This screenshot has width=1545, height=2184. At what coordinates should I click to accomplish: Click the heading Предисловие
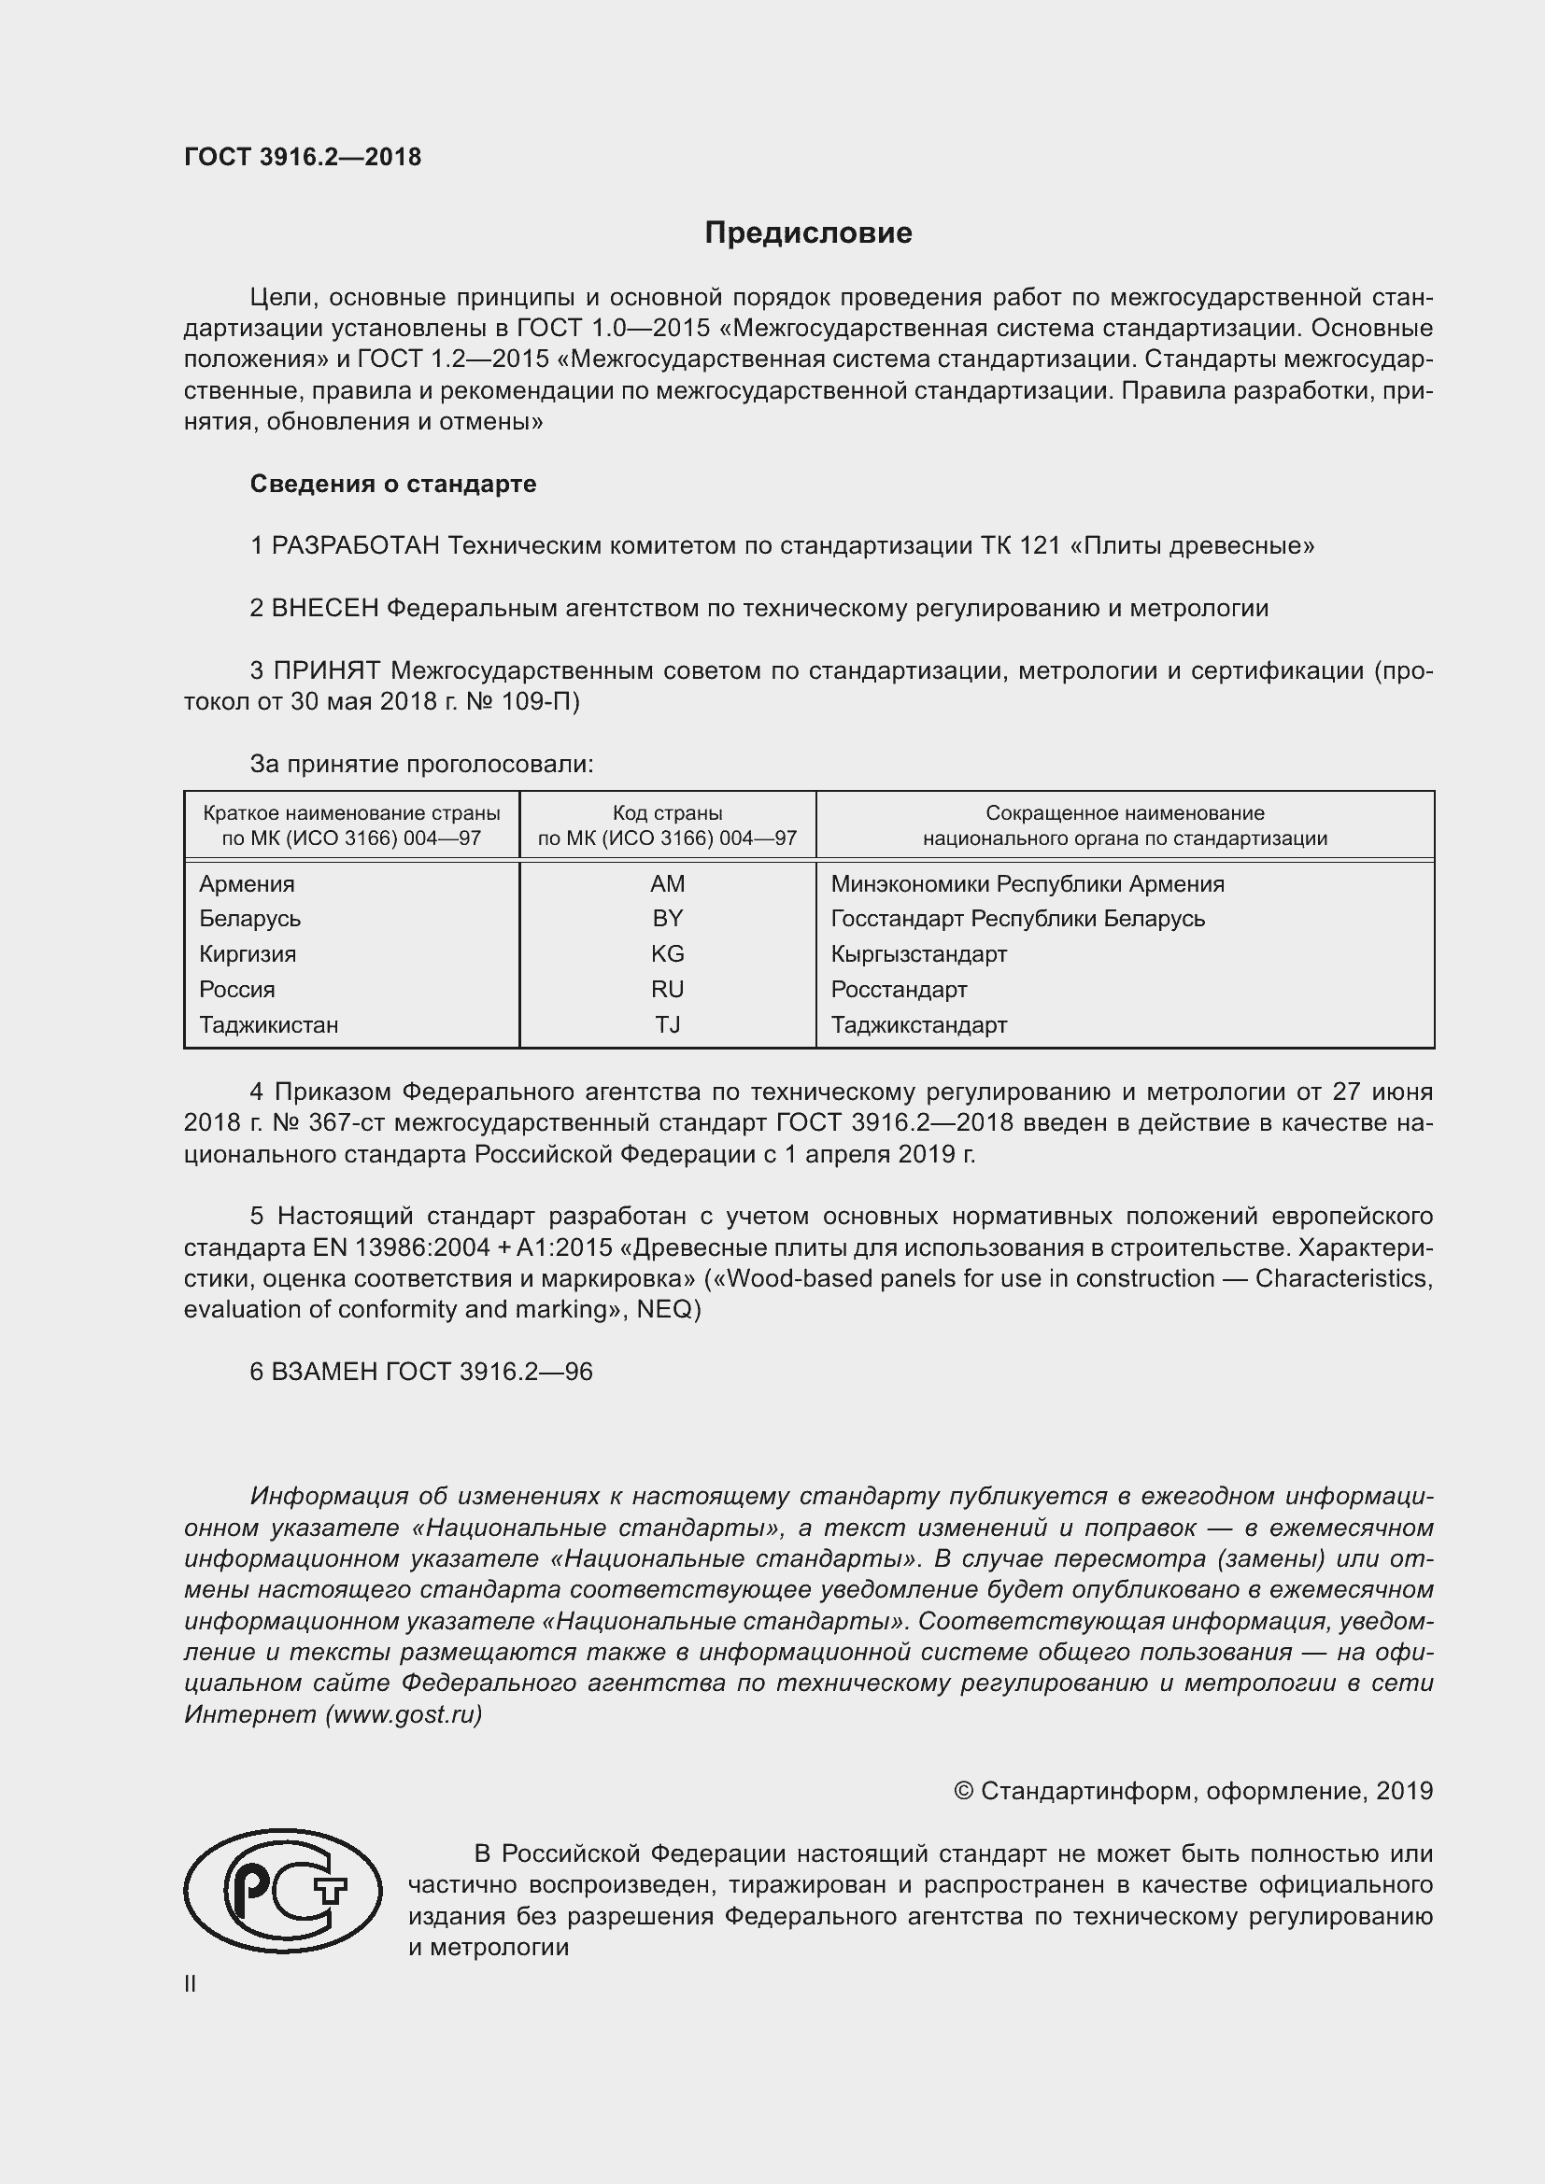[x=808, y=233]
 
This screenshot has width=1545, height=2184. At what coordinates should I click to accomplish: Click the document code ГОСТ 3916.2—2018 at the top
[x=303, y=157]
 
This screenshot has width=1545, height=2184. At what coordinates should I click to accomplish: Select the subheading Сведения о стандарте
[x=393, y=485]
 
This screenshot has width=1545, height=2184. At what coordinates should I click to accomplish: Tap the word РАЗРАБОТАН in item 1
[x=356, y=546]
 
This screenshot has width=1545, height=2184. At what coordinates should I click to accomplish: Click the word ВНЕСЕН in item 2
[x=325, y=609]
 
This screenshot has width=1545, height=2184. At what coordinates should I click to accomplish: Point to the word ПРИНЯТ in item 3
[x=327, y=671]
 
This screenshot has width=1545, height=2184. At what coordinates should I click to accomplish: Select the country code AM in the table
[x=667, y=884]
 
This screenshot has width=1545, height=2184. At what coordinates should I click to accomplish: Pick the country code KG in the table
[x=667, y=954]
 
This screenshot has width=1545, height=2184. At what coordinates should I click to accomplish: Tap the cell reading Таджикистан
[x=268, y=1025]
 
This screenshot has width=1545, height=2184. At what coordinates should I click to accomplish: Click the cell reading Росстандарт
[x=898, y=990]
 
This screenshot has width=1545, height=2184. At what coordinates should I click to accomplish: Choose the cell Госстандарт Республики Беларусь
[x=1017, y=919]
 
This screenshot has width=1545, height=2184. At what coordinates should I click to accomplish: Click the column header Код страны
[x=667, y=813]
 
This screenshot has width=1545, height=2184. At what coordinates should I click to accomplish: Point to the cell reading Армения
[x=247, y=884]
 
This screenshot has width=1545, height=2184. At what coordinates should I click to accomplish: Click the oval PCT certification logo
[x=282, y=1890]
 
